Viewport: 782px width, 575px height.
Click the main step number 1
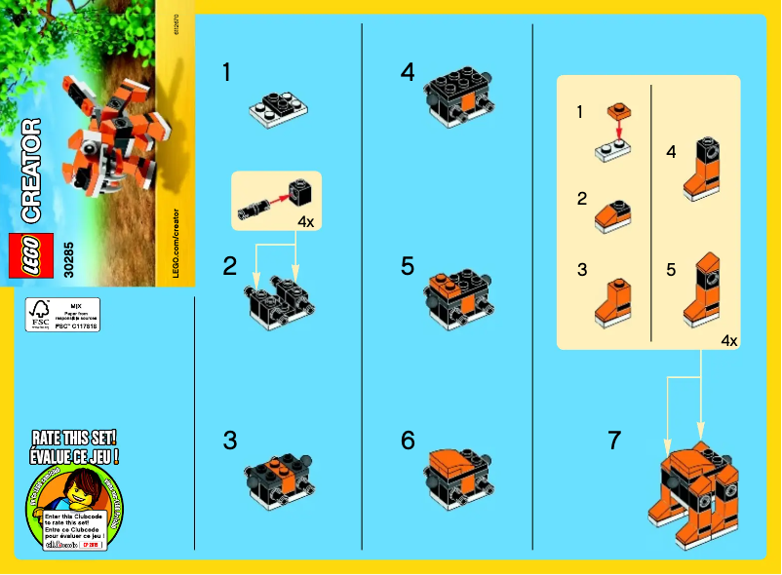pyautogui.click(x=227, y=72)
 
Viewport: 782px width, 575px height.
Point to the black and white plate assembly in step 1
pyautogui.click(x=278, y=107)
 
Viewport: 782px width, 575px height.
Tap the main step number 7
pyautogui.click(x=613, y=441)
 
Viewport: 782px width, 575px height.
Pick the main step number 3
pyautogui.click(x=229, y=441)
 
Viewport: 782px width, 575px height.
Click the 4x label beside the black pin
pyautogui.click(x=305, y=221)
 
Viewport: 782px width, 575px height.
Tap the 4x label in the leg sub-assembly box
pyautogui.click(x=728, y=340)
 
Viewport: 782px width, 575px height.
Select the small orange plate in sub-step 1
pyautogui.click(x=617, y=110)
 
